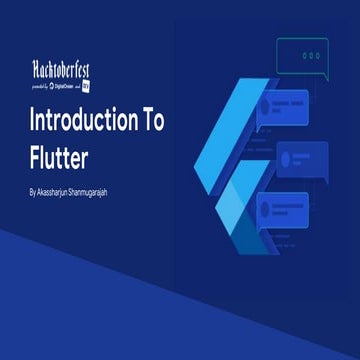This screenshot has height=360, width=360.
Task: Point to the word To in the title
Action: coord(151,122)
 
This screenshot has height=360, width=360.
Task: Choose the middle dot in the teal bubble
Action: coord(314,55)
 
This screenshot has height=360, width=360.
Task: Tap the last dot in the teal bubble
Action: coord(322,55)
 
